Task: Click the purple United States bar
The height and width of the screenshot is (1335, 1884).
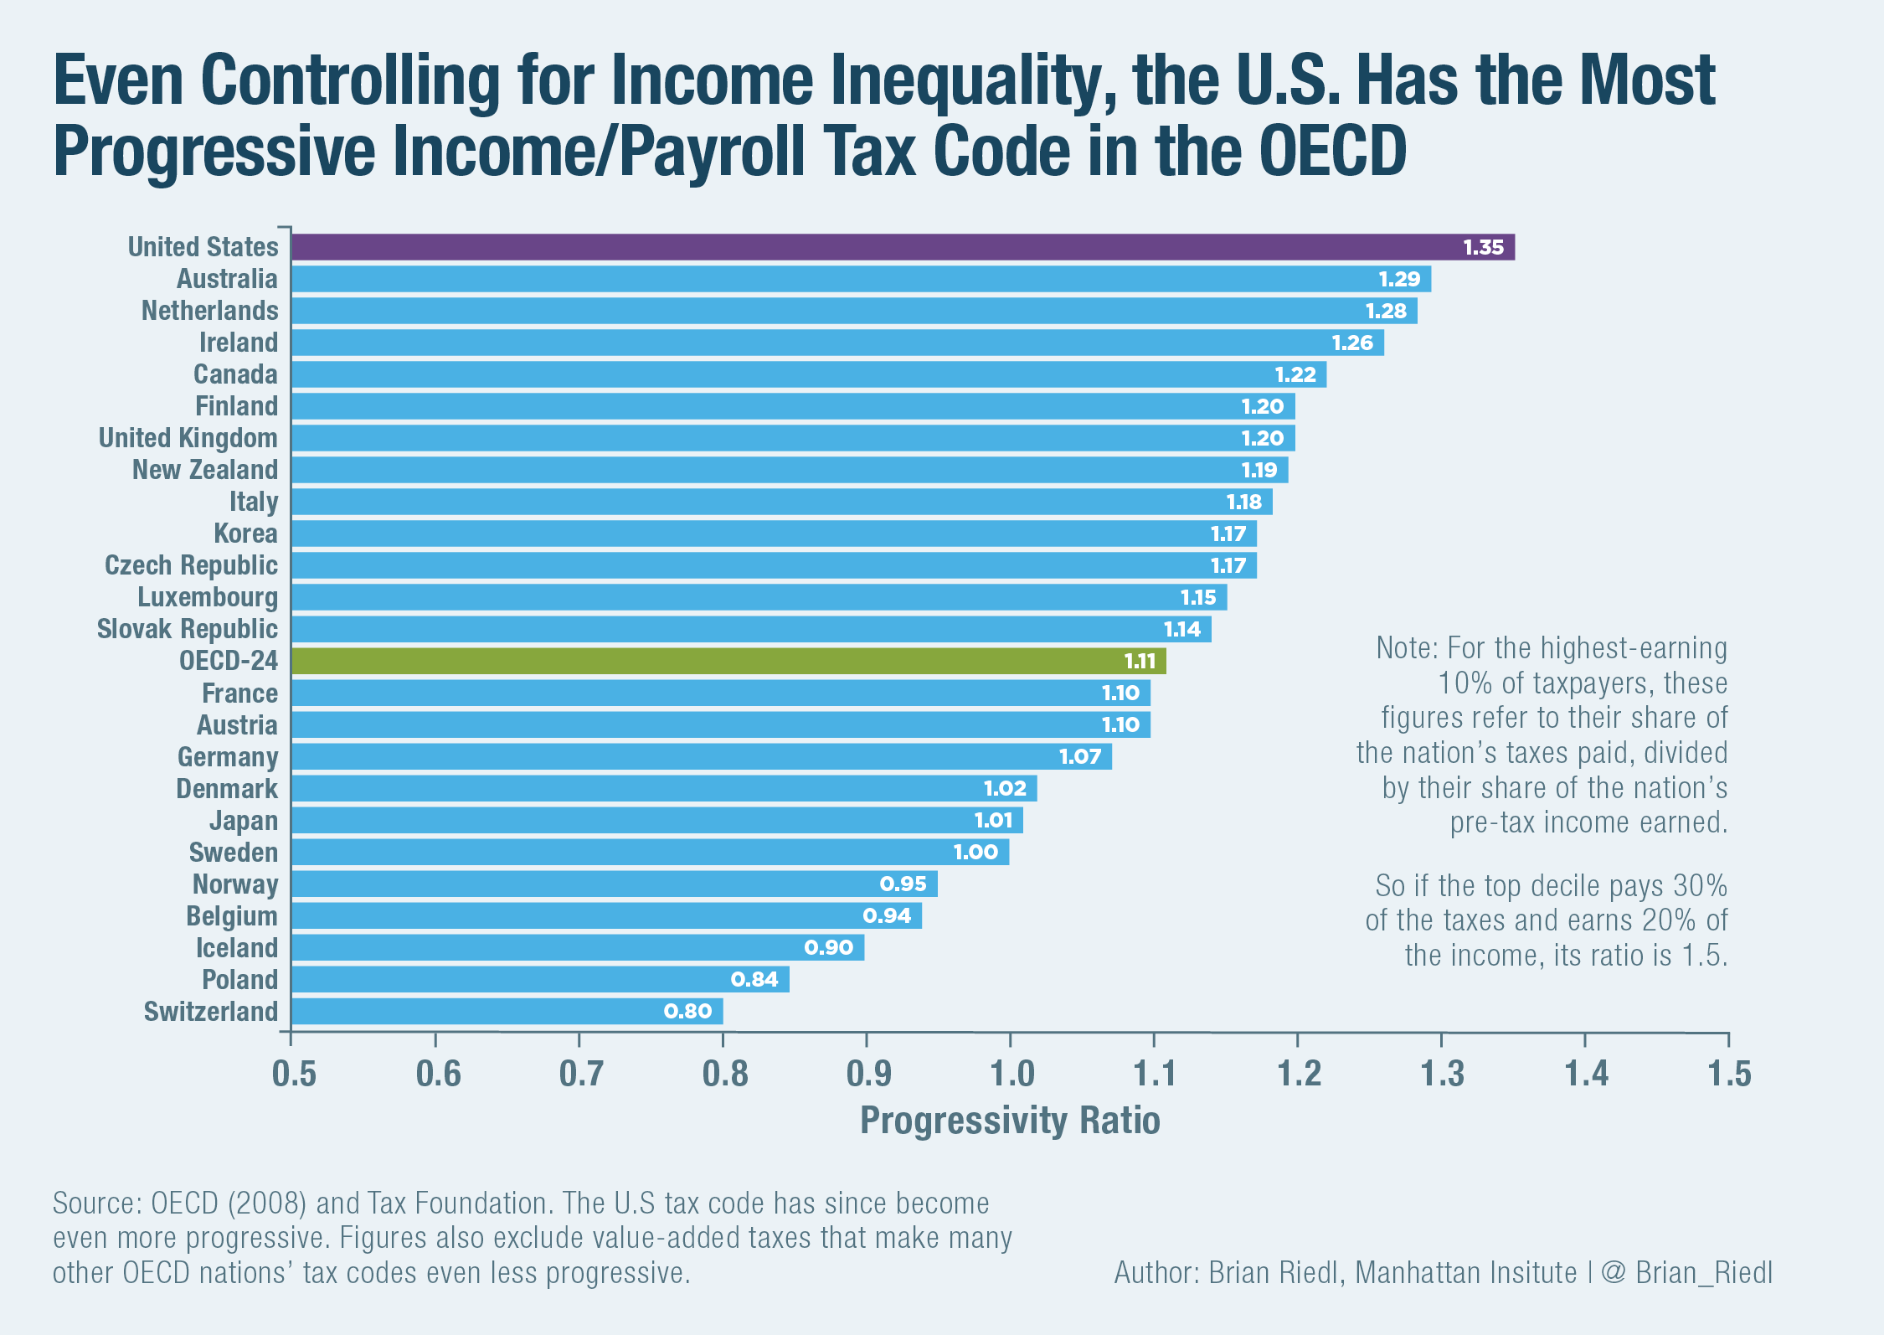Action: pos(903,247)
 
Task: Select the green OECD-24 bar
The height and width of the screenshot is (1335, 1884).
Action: pos(728,661)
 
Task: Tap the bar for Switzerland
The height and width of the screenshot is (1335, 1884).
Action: pos(507,1011)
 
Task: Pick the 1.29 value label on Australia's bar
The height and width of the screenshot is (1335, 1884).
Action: pos(1399,279)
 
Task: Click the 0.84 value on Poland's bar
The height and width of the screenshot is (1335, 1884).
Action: pos(754,979)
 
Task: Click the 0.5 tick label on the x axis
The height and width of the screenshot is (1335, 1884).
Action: pos(294,1073)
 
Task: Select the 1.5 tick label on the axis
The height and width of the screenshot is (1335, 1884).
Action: pos(1729,1073)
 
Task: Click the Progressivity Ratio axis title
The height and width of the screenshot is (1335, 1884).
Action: pos(1010,1121)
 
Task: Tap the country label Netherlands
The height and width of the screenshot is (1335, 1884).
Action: pos(209,311)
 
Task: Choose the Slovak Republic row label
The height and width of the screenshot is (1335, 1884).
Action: pos(187,629)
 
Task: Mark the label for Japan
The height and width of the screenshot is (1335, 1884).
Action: pos(243,821)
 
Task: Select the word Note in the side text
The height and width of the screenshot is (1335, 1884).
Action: pos(1407,648)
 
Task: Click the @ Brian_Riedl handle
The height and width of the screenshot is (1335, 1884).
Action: pos(1686,1273)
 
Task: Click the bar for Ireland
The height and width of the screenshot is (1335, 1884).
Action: pos(837,343)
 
